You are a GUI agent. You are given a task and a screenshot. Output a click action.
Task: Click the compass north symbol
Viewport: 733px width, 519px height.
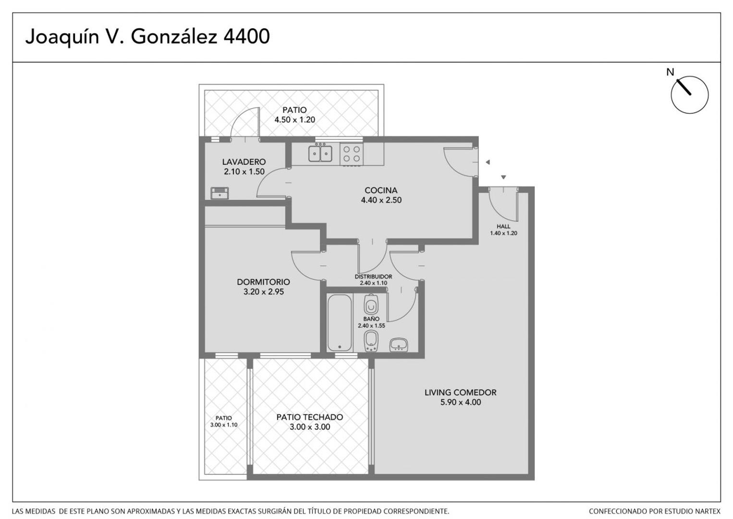(x=689, y=94)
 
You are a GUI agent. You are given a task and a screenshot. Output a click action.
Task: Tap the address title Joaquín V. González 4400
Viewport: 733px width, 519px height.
(x=147, y=37)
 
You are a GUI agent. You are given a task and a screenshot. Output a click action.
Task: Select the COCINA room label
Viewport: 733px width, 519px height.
(x=381, y=190)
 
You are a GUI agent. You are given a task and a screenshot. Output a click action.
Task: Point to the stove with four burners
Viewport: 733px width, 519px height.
(x=351, y=154)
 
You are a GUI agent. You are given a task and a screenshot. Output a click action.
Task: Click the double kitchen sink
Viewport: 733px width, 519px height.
(x=320, y=154)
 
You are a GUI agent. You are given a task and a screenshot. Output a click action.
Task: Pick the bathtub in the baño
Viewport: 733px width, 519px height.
(x=339, y=323)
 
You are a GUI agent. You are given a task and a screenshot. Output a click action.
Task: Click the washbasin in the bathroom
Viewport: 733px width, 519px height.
(x=398, y=345)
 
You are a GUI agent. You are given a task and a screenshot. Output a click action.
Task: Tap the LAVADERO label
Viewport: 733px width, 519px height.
(x=244, y=162)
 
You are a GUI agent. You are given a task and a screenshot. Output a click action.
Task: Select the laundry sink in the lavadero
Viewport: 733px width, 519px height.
(x=220, y=193)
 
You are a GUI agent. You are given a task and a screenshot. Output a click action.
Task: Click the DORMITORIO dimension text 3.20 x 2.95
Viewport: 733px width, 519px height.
(x=263, y=292)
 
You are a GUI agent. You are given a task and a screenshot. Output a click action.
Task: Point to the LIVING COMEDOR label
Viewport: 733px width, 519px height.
(x=460, y=392)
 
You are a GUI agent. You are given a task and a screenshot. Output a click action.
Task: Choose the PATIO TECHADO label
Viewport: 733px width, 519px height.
(x=309, y=417)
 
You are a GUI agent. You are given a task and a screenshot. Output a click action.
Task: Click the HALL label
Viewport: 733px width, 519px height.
(x=503, y=226)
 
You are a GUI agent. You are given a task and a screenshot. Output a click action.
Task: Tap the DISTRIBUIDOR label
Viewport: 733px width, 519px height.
(x=373, y=277)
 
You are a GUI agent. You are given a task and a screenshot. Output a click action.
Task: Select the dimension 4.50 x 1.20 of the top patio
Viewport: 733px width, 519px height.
(x=294, y=120)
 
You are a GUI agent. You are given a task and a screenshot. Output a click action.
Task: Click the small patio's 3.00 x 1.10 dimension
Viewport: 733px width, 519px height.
(x=223, y=425)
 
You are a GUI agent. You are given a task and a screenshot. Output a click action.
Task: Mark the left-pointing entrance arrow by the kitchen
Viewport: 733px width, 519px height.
(x=488, y=162)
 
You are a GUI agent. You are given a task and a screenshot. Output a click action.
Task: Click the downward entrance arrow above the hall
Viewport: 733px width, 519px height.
(x=503, y=177)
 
